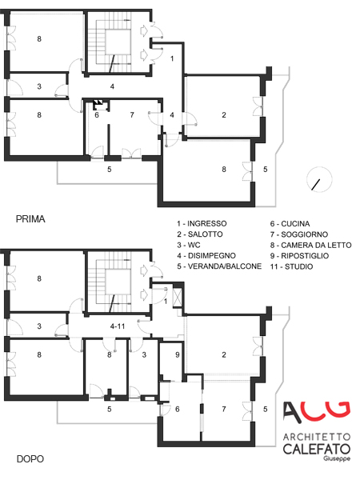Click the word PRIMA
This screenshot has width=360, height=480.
[x=30, y=219]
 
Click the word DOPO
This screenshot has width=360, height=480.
[x=30, y=459]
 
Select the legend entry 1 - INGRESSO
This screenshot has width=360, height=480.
[x=202, y=223]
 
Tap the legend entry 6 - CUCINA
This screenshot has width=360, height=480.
[x=290, y=223]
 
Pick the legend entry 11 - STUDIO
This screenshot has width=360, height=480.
[x=291, y=266]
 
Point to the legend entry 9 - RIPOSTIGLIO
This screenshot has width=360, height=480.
[x=299, y=256]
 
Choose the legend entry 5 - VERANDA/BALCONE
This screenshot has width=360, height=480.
[x=219, y=266]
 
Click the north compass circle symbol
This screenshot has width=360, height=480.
[x=319, y=180]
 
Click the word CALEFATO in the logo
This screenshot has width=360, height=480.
[x=317, y=449]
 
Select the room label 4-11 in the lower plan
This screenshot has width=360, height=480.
[x=118, y=326]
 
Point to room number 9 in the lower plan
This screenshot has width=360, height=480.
[x=178, y=354]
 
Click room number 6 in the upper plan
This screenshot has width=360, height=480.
[x=97, y=114]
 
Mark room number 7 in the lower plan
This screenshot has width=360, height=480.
[x=224, y=409]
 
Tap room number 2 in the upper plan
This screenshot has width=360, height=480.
[x=224, y=114]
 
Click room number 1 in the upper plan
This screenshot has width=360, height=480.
[x=172, y=58]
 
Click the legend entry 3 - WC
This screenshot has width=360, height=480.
[x=189, y=245]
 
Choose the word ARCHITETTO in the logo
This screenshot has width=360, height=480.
[x=317, y=436]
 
